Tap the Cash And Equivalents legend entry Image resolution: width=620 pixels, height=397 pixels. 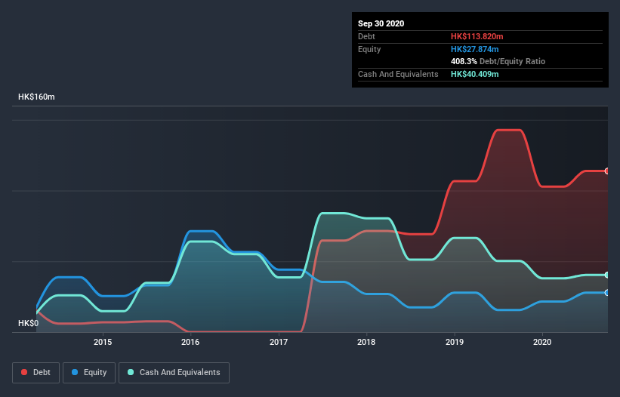174,372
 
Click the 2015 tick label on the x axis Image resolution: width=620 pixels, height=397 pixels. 103,342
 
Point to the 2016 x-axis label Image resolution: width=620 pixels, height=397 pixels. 190,342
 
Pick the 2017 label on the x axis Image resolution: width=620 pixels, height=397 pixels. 279,342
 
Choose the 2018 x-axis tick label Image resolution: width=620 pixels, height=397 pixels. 366,342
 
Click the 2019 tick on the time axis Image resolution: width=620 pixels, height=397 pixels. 455,342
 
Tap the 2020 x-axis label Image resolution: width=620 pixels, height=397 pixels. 542,342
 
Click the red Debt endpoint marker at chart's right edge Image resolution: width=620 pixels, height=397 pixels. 607,171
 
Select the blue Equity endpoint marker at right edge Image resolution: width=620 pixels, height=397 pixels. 607,292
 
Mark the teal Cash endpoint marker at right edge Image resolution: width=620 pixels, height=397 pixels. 607,275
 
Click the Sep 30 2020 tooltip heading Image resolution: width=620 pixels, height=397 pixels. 381,23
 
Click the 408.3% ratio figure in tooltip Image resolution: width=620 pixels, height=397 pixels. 463,61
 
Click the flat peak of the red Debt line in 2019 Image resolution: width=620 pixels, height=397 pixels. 507,130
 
